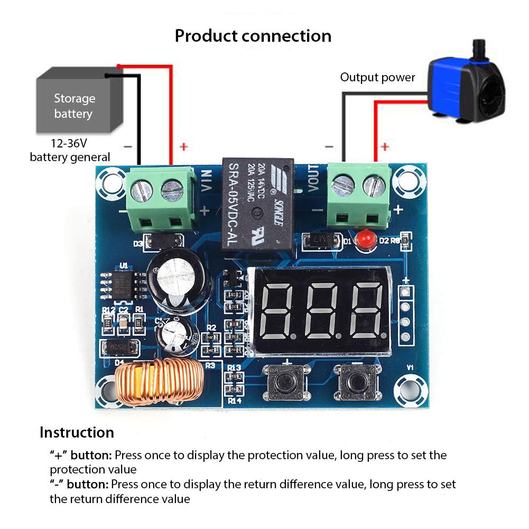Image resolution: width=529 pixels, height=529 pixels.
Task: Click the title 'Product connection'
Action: tap(253, 36)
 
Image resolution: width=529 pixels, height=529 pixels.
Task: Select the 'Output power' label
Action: tap(377, 78)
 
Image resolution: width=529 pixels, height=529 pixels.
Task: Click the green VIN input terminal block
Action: tap(159, 198)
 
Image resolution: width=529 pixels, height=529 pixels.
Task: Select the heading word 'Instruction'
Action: tap(77, 432)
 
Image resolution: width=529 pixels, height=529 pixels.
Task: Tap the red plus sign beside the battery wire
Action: tap(183, 146)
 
